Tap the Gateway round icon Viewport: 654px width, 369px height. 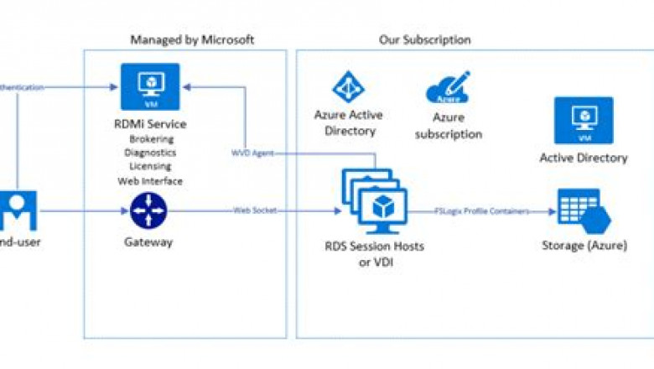149,210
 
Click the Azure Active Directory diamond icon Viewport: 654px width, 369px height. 349,87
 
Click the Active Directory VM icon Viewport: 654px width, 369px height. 583,121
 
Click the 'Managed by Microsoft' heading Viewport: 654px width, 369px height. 192,39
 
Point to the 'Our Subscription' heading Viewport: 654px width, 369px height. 424,39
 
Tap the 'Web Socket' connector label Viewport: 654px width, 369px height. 255,210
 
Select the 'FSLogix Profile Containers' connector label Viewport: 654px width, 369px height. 482,211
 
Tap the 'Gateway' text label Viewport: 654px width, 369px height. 148,242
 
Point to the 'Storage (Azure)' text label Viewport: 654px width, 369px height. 583,246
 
